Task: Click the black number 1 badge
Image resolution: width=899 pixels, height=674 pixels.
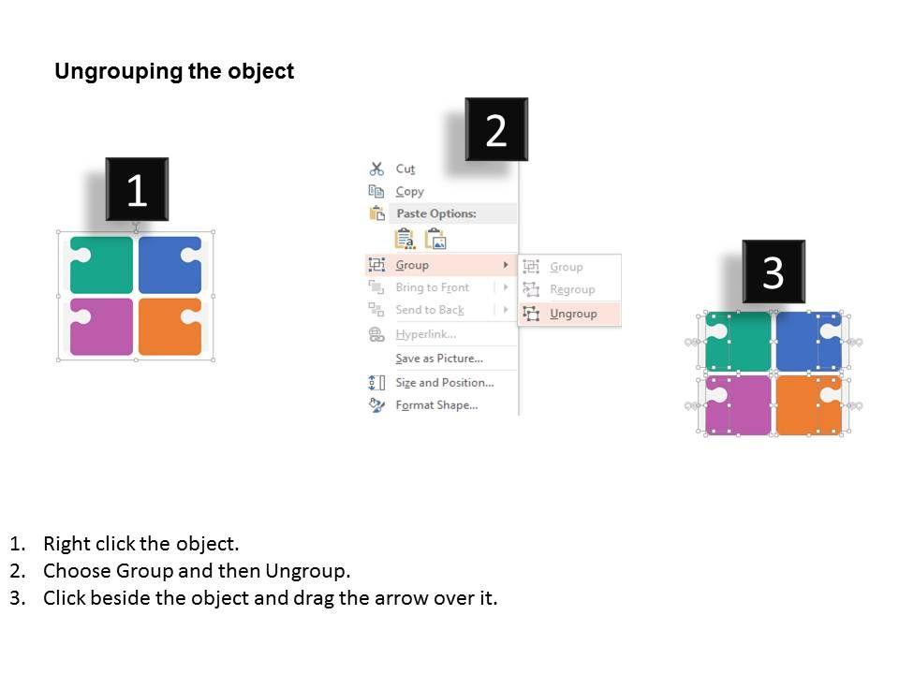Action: coord(137,189)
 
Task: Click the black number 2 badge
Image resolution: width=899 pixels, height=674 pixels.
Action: coord(496,129)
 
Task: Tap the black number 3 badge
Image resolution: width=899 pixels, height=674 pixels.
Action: coord(774,271)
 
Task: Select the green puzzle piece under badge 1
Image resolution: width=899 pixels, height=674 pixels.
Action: coord(101,265)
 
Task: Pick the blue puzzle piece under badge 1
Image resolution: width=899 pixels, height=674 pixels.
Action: coord(169,265)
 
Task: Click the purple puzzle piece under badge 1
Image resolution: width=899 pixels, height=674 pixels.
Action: coord(101,327)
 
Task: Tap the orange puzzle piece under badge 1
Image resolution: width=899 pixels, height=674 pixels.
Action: coord(169,327)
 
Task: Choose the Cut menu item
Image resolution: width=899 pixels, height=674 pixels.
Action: coord(405,169)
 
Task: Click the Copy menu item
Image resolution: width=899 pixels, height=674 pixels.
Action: coord(409,191)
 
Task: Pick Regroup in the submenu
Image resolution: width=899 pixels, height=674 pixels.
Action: coord(572,289)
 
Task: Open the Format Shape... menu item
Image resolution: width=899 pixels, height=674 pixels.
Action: coord(436,405)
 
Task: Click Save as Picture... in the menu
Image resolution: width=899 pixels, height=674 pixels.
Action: coord(439,359)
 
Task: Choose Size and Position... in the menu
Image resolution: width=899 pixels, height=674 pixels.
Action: coord(444,382)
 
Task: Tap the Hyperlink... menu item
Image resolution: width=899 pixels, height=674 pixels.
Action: coord(425,334)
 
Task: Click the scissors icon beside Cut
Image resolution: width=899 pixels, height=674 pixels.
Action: coord(376,169)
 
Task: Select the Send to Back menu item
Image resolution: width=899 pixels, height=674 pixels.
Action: coord(430,310)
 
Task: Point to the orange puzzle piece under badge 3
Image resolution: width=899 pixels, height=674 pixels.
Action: coord(809,404)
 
